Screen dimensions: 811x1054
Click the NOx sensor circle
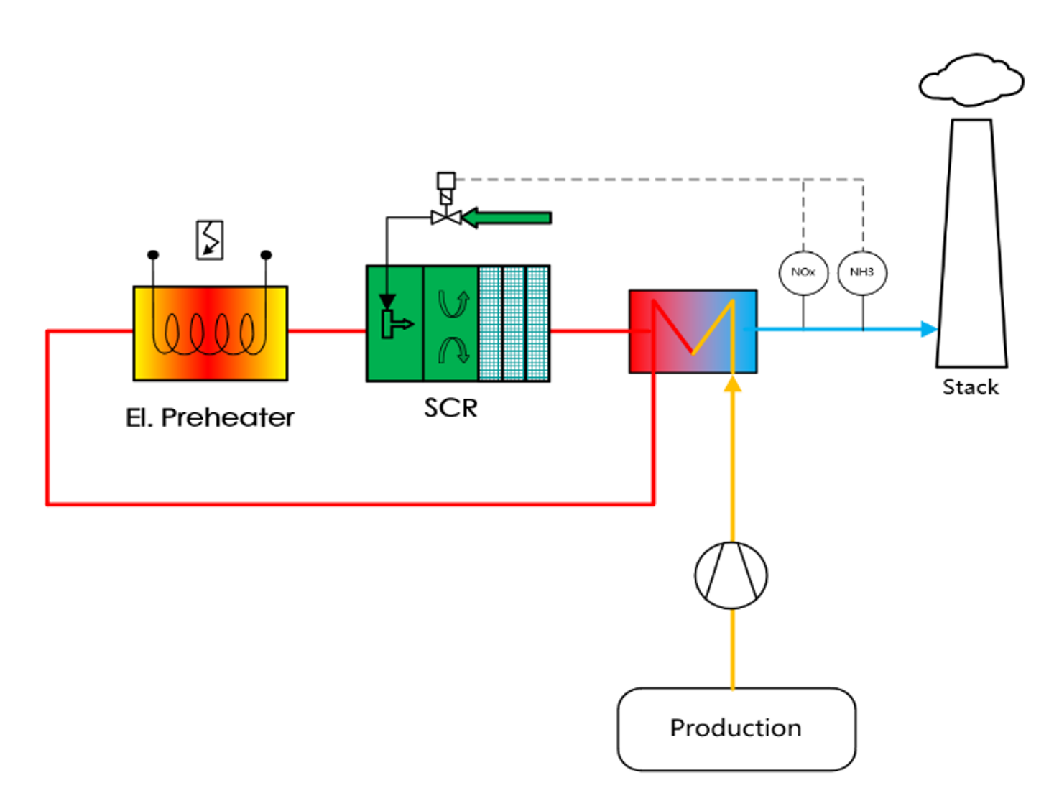pos(803,272)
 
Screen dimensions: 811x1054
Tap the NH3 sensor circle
pos(862,272)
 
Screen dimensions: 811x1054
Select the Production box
pos(736,728)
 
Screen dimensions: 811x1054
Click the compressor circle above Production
pos(731,575)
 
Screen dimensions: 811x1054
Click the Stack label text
pos(971,387)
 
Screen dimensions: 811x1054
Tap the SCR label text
pos(450,408)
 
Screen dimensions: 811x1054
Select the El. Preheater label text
pos(210,417)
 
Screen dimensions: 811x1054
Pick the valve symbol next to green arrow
pos(445,216)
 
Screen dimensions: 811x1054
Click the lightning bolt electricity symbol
pos(210,239)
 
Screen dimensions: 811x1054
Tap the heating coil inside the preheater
pos(210,334)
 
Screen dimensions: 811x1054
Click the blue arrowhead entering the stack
pos(928,329)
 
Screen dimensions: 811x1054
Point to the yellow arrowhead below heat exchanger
pos(732,384)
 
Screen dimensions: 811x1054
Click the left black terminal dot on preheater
pos(153,255)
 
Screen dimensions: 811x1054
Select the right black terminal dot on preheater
pos(266,255)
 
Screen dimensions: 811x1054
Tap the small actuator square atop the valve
pos(446,180)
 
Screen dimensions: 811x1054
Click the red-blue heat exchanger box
pos(693,331)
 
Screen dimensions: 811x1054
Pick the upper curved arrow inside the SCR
pos(453,305)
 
